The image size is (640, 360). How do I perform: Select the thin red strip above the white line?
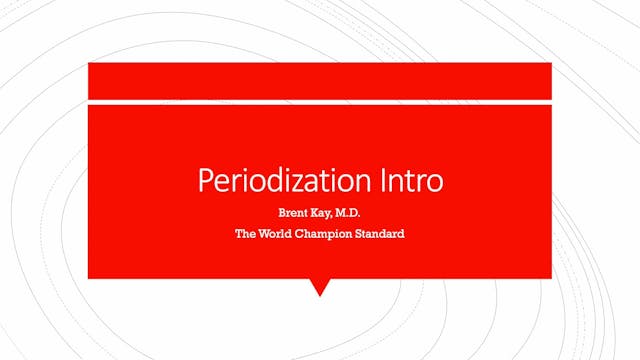320,80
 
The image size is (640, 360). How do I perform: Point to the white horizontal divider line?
320,100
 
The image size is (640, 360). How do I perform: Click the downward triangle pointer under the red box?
320,287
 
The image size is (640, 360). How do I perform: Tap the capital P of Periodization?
205,182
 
